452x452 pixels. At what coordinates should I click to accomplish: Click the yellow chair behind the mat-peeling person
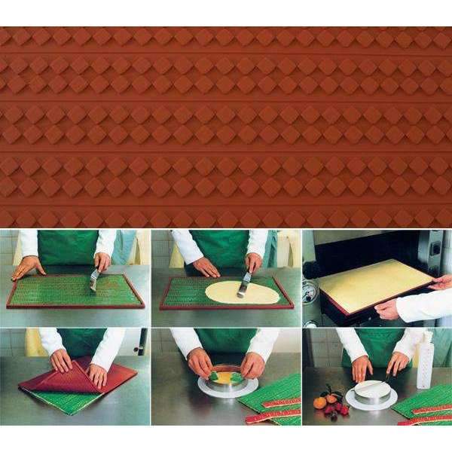[x=34, y=343]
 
